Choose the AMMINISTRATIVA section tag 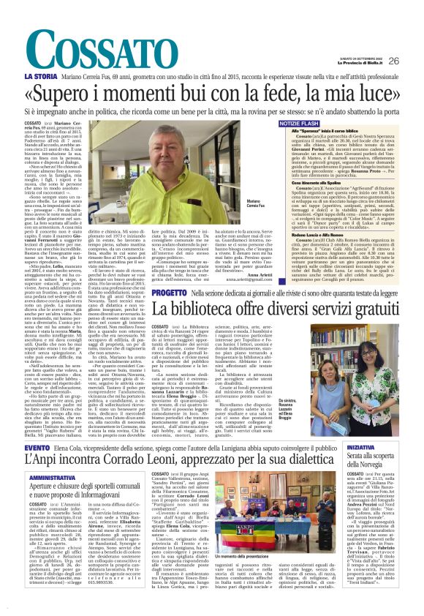[54, 476]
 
